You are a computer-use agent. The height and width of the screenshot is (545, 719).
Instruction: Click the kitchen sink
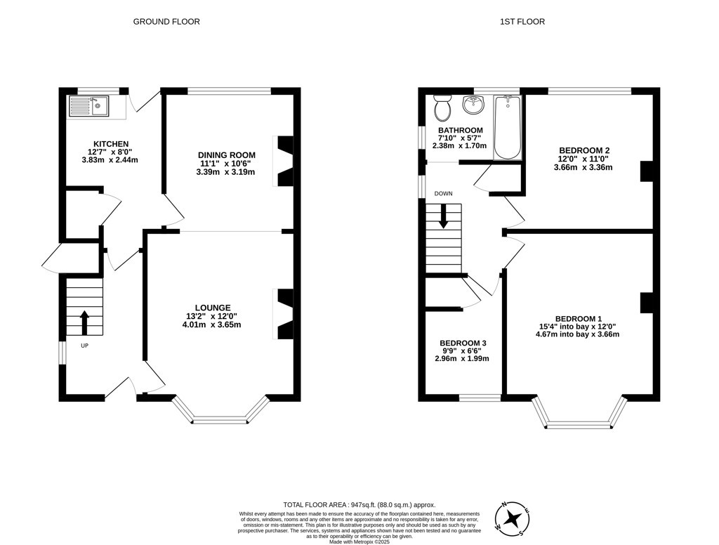[88, 106]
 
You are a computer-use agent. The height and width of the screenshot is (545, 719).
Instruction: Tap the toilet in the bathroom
[442, 107]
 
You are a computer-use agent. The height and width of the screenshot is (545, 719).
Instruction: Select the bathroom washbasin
[473, 105]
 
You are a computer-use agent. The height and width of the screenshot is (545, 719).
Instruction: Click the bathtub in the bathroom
[507, 127]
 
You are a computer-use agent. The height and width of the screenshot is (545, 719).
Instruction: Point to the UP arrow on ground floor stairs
[84, 322]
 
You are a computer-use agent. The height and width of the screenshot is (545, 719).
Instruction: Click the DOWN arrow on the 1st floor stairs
[444, 216]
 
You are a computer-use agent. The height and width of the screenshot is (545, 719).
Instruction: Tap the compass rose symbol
[513, 519]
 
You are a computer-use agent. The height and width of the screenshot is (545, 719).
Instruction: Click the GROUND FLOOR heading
[166, 22]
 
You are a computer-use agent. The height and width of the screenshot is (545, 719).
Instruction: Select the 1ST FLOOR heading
[522, 22]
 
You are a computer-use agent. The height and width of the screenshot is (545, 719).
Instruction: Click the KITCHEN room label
[111, 144]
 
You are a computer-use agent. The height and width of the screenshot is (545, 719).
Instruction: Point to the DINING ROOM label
[227, 155]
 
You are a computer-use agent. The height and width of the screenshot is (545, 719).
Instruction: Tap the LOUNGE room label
[213, 308]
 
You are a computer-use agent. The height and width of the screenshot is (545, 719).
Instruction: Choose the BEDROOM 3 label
[463, 343]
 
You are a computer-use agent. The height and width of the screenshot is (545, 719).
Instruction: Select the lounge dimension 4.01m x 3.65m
[211, 324]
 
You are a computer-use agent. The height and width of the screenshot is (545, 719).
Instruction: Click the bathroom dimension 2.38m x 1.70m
[459, 146]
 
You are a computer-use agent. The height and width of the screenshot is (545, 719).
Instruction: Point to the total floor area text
[359, 505]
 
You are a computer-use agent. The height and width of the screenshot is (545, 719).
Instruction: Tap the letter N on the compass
[503, 505]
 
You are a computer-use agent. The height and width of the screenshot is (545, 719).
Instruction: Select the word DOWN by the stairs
[444, 194]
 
